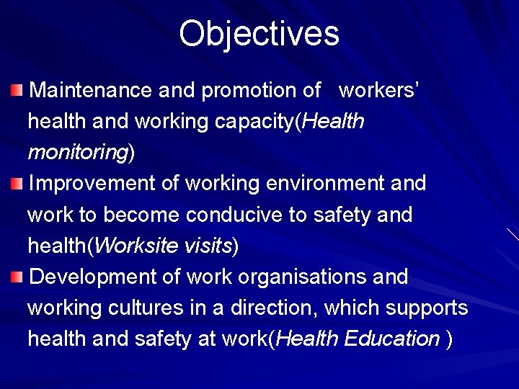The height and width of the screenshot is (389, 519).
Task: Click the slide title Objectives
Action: pos(259,34)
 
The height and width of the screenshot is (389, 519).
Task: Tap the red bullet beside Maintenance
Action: pos(17,90)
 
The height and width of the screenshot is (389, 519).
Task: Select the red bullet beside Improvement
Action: pos(17,184)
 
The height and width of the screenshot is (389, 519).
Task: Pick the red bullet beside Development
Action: pos(17,277)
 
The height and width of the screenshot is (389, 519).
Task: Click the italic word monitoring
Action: pos(77,153)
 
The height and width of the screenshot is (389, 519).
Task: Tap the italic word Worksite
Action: pos(136,246)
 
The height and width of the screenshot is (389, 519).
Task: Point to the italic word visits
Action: pos(208,246)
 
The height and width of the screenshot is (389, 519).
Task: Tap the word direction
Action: pos(273,308)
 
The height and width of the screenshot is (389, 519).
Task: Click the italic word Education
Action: pos(392,339)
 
